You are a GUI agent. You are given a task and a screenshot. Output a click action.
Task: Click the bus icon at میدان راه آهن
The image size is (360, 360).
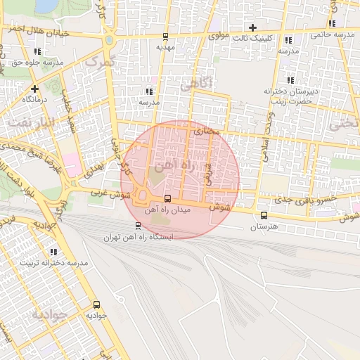coord(167,199)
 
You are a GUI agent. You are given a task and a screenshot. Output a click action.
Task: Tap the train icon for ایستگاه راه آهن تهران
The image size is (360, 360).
coord(138,226)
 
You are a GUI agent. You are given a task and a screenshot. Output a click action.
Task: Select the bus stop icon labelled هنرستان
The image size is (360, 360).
coord(264,215)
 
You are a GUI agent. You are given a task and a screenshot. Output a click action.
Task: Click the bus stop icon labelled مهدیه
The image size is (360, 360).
coord(165,37)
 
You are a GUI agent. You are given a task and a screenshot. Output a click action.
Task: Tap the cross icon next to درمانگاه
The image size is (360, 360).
coord(34,89)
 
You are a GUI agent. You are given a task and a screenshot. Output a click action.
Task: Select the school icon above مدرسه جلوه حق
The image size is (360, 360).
coord(37,51)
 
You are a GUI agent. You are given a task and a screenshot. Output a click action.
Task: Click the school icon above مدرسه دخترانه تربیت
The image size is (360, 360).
coord(53,251)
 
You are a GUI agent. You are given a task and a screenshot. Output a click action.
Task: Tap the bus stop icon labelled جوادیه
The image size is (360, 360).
coord(96,304)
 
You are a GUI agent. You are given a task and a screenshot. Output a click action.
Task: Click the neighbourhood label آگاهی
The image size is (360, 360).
coord(195,85)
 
